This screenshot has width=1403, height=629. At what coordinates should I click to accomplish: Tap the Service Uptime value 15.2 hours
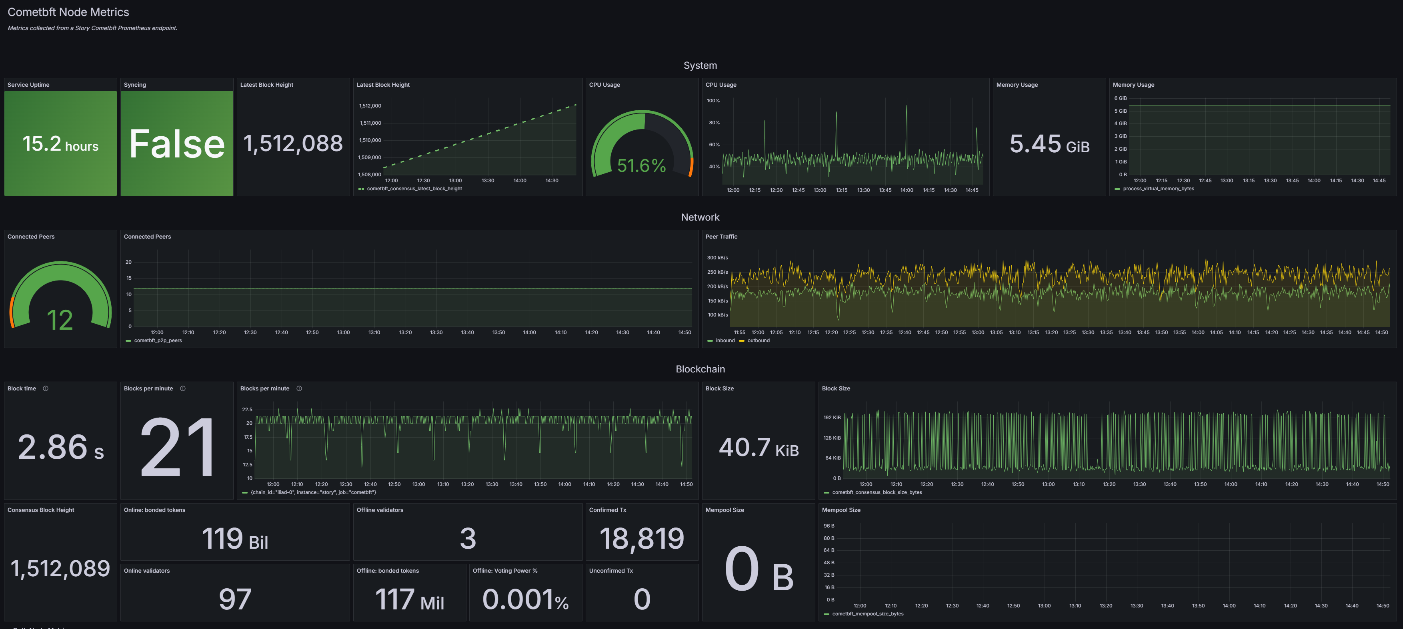[x=60, y=143]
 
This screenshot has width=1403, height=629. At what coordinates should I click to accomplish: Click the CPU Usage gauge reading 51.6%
[x=642, y=165]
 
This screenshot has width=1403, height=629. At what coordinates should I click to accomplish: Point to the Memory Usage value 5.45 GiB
[x=1049, y=144]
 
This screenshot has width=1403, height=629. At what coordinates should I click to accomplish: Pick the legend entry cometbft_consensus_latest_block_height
[x=414, y=189]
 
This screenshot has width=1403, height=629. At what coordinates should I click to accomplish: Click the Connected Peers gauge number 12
[x=60, y=320]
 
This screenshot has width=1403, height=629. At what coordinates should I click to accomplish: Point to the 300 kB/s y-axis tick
[x=717, y=258]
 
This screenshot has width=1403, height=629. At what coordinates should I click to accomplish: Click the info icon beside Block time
[x=46, y=388]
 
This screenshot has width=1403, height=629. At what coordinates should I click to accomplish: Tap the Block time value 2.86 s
[x=60, y=447]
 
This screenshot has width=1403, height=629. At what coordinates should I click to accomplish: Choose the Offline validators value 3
[x=468, y=539]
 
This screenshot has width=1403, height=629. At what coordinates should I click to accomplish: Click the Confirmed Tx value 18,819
[x=642, y=539]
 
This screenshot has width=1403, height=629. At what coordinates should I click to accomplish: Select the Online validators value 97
[x=235, y=599]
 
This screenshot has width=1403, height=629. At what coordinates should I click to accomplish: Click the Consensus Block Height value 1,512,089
[x=60, y=569]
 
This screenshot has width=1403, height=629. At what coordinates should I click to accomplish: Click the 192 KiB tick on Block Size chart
[x=832, y=417]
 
